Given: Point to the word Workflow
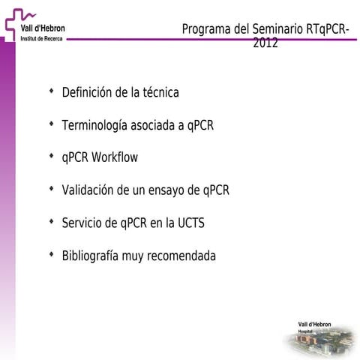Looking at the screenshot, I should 115,158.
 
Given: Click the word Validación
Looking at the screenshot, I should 89,190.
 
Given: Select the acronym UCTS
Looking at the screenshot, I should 191,223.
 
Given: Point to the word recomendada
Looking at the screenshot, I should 181,256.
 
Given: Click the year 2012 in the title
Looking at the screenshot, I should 265,43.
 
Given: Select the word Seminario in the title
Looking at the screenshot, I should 276,29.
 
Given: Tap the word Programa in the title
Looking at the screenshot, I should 205,29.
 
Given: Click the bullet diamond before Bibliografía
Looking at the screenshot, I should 51,255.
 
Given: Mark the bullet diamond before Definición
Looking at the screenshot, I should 51,91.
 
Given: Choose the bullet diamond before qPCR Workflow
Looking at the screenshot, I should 51,157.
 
